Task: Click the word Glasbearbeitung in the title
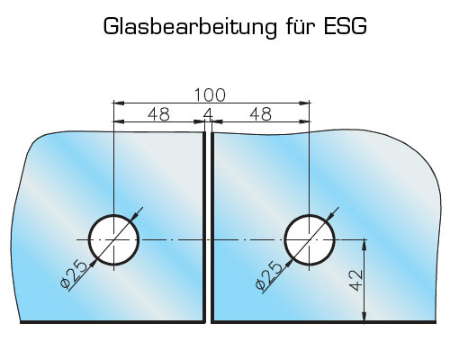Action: [x=190, y=27]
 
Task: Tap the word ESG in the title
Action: [x=346, y=26]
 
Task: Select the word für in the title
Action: [x=300, y=26]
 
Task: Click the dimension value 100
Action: [x=210, y=94]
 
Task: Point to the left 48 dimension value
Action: [x=158, y=114]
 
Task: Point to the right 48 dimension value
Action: [x=261, y=114]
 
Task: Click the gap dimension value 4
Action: [x=208, y=114]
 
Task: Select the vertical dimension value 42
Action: [x=356, y=280]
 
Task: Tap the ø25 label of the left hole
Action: [x=74, y=274]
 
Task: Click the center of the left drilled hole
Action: [x=113, y=240]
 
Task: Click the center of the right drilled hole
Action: [x=309, y=240]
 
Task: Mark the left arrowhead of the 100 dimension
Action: [x=118, y=103]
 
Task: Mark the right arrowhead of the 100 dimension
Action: [x=304, y=103]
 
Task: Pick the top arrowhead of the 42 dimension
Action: [x=364, y=245]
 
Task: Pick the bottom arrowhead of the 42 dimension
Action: [x=364, y=318]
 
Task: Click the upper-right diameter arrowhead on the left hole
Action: [x=135, y=217]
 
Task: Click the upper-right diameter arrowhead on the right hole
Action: [x=330, y=217]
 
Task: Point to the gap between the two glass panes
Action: [x=209, y=228]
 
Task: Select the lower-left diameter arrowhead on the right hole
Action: [x=288, y=263]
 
